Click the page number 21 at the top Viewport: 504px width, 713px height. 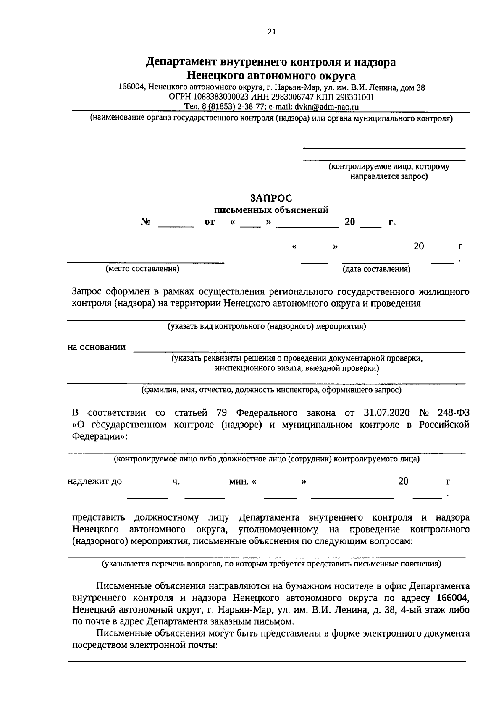271,32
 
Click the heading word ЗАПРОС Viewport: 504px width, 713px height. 271,198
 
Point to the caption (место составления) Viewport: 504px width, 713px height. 143,269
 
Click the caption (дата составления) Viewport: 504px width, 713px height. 377,269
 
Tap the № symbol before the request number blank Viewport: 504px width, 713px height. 146,222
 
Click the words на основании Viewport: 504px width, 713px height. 97,347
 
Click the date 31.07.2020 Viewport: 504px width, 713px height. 384,413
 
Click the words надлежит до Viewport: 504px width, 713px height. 94,482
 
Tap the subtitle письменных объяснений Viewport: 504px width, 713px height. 271,210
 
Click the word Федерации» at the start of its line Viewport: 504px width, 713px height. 99,436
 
